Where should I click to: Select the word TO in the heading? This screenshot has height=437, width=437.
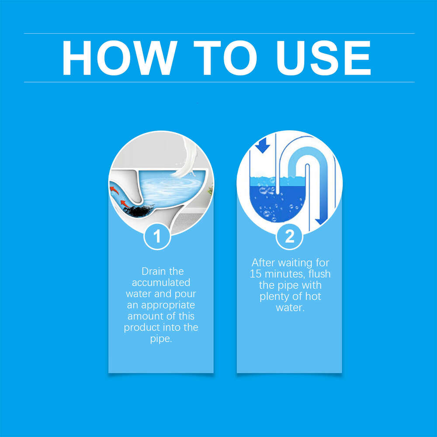coord(222,58)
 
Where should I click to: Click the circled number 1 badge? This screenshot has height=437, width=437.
coord(157,236)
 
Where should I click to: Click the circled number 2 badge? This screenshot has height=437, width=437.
coord(289,236)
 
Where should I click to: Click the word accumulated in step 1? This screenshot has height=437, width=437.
coord(161,283)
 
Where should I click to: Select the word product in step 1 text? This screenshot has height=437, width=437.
coord(140,328)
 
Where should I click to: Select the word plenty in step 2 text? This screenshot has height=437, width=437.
coord(274,297)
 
